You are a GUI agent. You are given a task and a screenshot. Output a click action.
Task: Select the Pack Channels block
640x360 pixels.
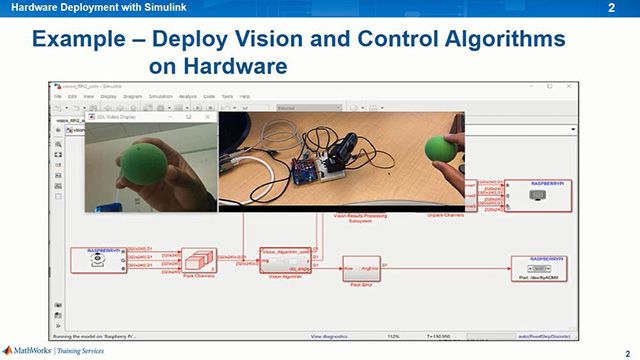199,260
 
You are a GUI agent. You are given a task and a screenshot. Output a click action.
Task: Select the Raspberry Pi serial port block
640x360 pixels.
545,269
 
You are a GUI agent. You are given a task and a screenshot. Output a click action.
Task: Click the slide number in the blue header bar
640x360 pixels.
611,8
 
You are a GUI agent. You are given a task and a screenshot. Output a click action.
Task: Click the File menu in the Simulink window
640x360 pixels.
59,96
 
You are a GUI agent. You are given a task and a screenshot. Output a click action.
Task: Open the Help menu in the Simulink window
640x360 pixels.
246,96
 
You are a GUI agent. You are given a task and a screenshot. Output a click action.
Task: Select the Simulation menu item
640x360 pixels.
160,96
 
